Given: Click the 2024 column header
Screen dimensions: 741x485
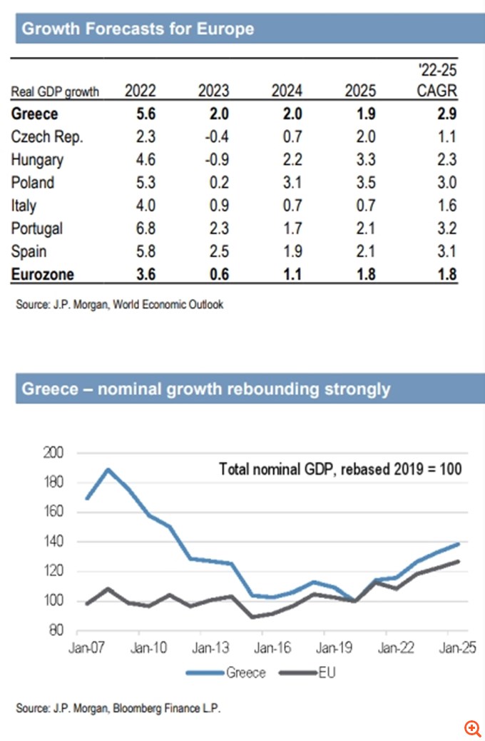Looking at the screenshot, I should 287,91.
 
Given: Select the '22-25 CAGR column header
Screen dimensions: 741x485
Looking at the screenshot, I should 436,81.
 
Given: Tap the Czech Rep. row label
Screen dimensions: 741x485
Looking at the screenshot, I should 47,137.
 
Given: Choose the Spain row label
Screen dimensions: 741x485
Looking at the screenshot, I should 29,251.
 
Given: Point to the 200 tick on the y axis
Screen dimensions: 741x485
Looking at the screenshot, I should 54,453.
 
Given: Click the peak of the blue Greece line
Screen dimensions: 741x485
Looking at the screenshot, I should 108,469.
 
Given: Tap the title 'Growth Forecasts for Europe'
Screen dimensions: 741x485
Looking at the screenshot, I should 138,29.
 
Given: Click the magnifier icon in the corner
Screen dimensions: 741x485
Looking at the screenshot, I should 471,728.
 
